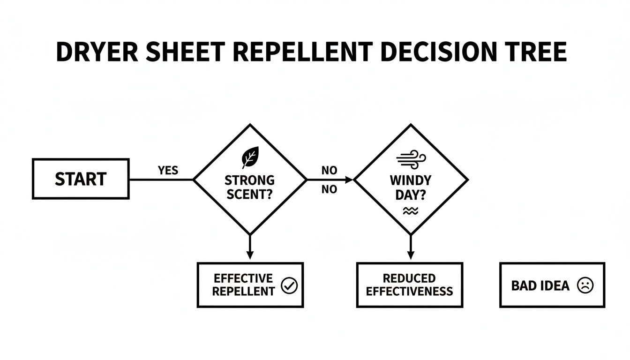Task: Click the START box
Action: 81,179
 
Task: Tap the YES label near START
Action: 168,171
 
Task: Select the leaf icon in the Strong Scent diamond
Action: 249,157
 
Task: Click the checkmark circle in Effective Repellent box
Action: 289,285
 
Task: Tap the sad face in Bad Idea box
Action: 585,285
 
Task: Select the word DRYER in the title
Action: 97,52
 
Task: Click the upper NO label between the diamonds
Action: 329,171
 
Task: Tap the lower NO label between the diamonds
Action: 329,189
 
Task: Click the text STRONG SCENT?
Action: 249,187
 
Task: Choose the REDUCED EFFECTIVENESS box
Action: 410,285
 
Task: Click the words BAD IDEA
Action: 540,285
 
